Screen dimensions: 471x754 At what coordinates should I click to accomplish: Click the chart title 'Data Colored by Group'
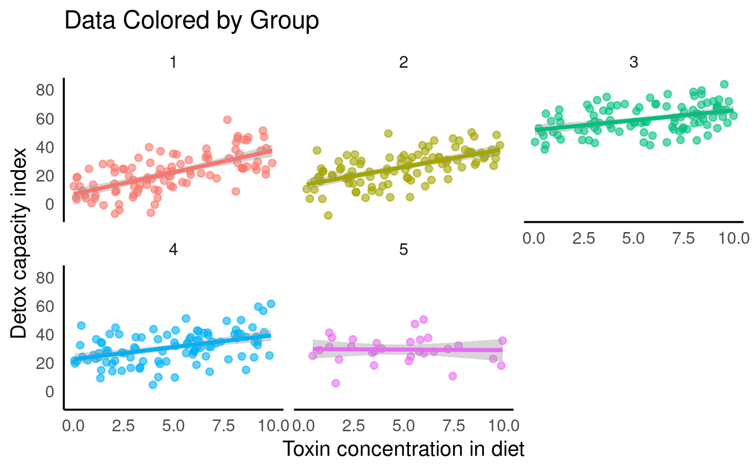click(x=191, y=21)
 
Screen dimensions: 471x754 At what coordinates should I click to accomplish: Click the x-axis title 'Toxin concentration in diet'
click(x=403, y=448)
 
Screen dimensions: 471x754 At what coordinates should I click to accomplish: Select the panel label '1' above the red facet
click(x=173, y=62)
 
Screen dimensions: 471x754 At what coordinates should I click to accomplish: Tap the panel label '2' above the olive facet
click(x=403, y=62)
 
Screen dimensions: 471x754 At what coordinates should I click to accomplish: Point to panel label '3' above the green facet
click(x=633, y=62)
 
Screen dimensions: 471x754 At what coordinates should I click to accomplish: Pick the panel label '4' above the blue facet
click(x=173, y=250)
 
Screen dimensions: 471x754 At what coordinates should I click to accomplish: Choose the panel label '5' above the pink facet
click(x=403, y=250)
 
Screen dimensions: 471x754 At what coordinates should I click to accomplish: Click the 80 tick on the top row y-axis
click(x=45, y=90)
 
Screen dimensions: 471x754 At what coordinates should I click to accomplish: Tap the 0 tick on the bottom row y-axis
click(x=50, y=392)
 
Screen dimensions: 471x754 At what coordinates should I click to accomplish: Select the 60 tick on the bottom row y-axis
click(x=45, y=307)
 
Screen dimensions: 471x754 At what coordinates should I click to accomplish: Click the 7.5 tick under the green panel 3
click(x=683, y=238)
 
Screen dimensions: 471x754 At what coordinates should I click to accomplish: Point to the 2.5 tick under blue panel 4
click(x=123, y=425)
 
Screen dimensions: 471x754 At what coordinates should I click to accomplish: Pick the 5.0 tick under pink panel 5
click(x=403, y=425)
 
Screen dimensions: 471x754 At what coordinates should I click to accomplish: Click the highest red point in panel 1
click(x=227, y=120)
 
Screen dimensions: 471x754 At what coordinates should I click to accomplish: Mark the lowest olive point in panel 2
click(x=328, y=215)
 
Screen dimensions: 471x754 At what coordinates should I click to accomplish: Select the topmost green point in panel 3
click(x=724, y=84)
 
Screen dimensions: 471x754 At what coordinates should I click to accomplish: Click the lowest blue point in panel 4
click(x=153, y=385)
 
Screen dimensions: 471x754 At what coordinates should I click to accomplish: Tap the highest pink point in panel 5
click(x=424, y=319)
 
